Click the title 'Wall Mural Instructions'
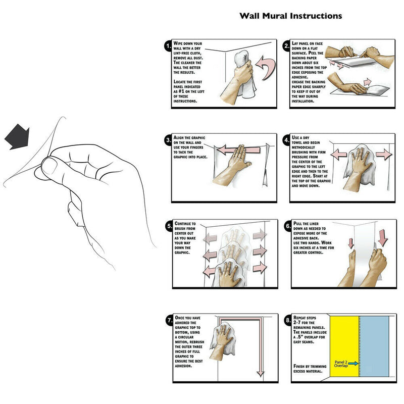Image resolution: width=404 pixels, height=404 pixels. point(291,16)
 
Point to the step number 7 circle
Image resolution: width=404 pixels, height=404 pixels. point(169,320)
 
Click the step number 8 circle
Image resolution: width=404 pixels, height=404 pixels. point(287,320)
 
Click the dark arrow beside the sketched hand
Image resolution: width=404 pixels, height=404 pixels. point(17,135)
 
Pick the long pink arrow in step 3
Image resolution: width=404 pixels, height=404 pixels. point(238,149)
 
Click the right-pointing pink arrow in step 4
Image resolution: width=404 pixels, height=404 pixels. point(385,154)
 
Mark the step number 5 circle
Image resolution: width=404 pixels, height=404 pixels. point(169,226)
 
